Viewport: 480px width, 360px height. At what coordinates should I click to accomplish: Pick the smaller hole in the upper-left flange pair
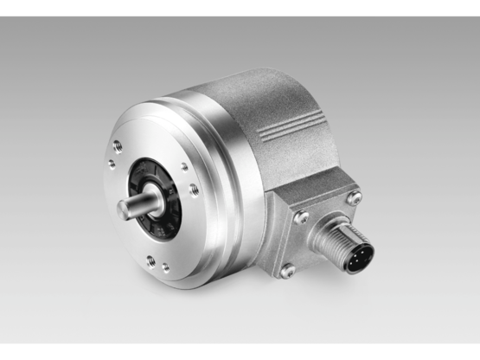[111, 160]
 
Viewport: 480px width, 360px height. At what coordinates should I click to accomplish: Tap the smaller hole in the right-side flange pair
[183, 166]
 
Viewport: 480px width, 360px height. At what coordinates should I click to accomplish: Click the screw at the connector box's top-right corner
[353, 198]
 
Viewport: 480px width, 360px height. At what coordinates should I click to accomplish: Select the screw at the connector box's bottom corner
[287, 271]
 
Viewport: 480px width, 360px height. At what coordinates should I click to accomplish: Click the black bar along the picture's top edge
[240, 7]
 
